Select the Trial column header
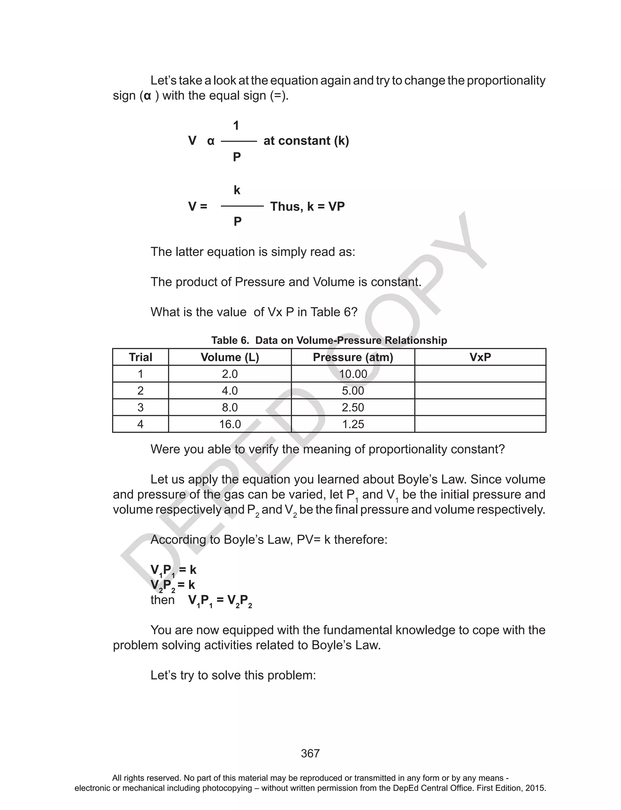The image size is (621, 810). tap(140, 357)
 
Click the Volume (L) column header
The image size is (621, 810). tap(230, 357)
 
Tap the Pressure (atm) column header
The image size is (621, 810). tap(353, 357)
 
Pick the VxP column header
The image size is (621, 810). tap(480, 357)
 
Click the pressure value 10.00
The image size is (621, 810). tap(353, 374)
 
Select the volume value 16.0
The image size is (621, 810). tap(230, 424)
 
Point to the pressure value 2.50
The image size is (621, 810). tap(353, 408)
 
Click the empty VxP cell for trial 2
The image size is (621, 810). tap(480, 391)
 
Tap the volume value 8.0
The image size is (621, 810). tap(230, 408)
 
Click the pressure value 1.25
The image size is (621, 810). tap(353, 424)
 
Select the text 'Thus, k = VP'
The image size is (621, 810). tap(307, 206)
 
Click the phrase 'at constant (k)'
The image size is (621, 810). tap(306, 141)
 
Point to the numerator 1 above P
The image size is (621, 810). tap(236, 126)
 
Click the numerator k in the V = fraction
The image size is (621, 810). tap(237, 190)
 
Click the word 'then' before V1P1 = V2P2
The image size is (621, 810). tap(163, 600)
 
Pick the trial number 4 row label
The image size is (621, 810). tap(140, 424)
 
